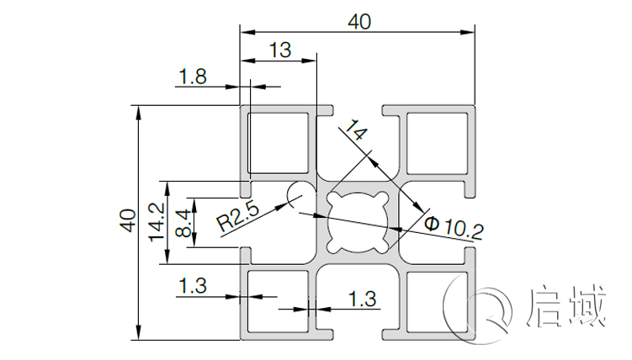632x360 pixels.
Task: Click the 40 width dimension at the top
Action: (x=359, y=22)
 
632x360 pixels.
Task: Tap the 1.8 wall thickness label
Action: (x=193, y=77)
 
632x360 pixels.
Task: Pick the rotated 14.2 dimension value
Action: (x=156, y=222)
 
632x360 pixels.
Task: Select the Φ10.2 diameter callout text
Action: (x=454, y=225)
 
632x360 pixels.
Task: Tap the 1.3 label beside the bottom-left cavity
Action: (x=193, y=286)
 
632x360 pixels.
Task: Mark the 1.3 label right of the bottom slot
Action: (x=362, y=298)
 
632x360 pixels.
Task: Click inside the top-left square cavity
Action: (x=279, y=141)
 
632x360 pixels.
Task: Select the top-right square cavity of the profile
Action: (x=435, y=141)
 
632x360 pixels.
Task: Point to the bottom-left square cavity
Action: (x=279, y=300)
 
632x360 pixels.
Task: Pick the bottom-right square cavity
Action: (x=435, y=300)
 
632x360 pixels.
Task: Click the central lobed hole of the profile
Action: (x=358, y=220)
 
